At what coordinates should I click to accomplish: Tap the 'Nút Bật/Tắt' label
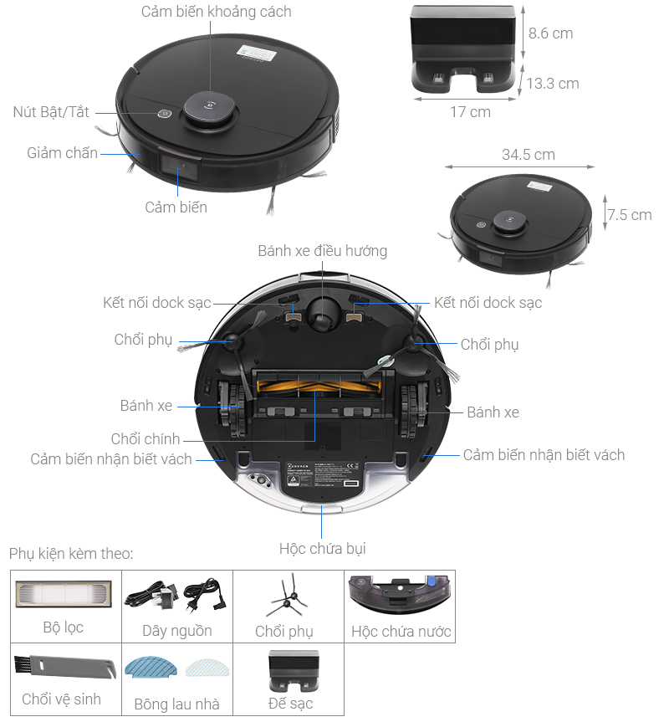click(x=51, y=111)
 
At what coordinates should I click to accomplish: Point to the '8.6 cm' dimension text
click(x=550, y=33)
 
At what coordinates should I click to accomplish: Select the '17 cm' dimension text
click(x=470, y=111)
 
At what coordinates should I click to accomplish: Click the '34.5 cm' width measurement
click(x=528, y=155)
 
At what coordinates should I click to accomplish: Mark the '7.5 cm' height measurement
click(x=629, y=215)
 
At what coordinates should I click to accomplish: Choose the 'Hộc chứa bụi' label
click(x=322, y=549)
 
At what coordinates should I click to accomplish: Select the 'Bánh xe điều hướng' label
click(x=322, y=251)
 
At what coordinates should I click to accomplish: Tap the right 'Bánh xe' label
click(x=493, y=412)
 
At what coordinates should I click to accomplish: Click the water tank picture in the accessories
click(x=401, y=596)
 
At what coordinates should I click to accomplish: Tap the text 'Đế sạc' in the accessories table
click(x=290, y=703)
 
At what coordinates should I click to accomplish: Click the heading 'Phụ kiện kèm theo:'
click(x=71, y=554)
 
